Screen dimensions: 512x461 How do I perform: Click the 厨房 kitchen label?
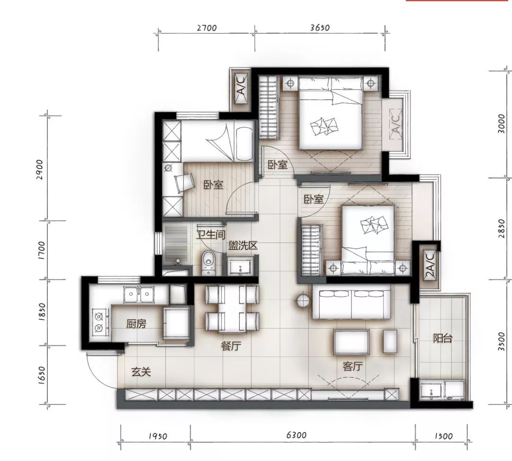(136, 324)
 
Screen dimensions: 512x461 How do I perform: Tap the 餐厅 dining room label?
(231, 346)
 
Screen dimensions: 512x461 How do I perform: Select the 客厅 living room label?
(353, 366)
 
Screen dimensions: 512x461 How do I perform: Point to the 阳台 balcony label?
(442, 338)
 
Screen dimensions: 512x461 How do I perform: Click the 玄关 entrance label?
(141, 372)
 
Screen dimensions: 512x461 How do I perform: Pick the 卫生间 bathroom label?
(211, 234)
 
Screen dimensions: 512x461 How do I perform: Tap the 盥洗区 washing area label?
(243, 245)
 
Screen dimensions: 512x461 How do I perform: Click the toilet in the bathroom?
(208, 263)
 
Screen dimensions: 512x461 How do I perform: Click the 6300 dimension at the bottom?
(296, 435)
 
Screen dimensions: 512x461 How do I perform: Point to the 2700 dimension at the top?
(207, 28)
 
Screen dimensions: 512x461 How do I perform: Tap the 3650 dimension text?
(320, 28)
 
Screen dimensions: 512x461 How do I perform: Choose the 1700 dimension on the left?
(42, 250)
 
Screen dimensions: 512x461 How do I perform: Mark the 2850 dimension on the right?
(502, 228)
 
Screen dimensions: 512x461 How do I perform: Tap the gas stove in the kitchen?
(99, 322)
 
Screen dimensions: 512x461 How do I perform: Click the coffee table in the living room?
(351, 342)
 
